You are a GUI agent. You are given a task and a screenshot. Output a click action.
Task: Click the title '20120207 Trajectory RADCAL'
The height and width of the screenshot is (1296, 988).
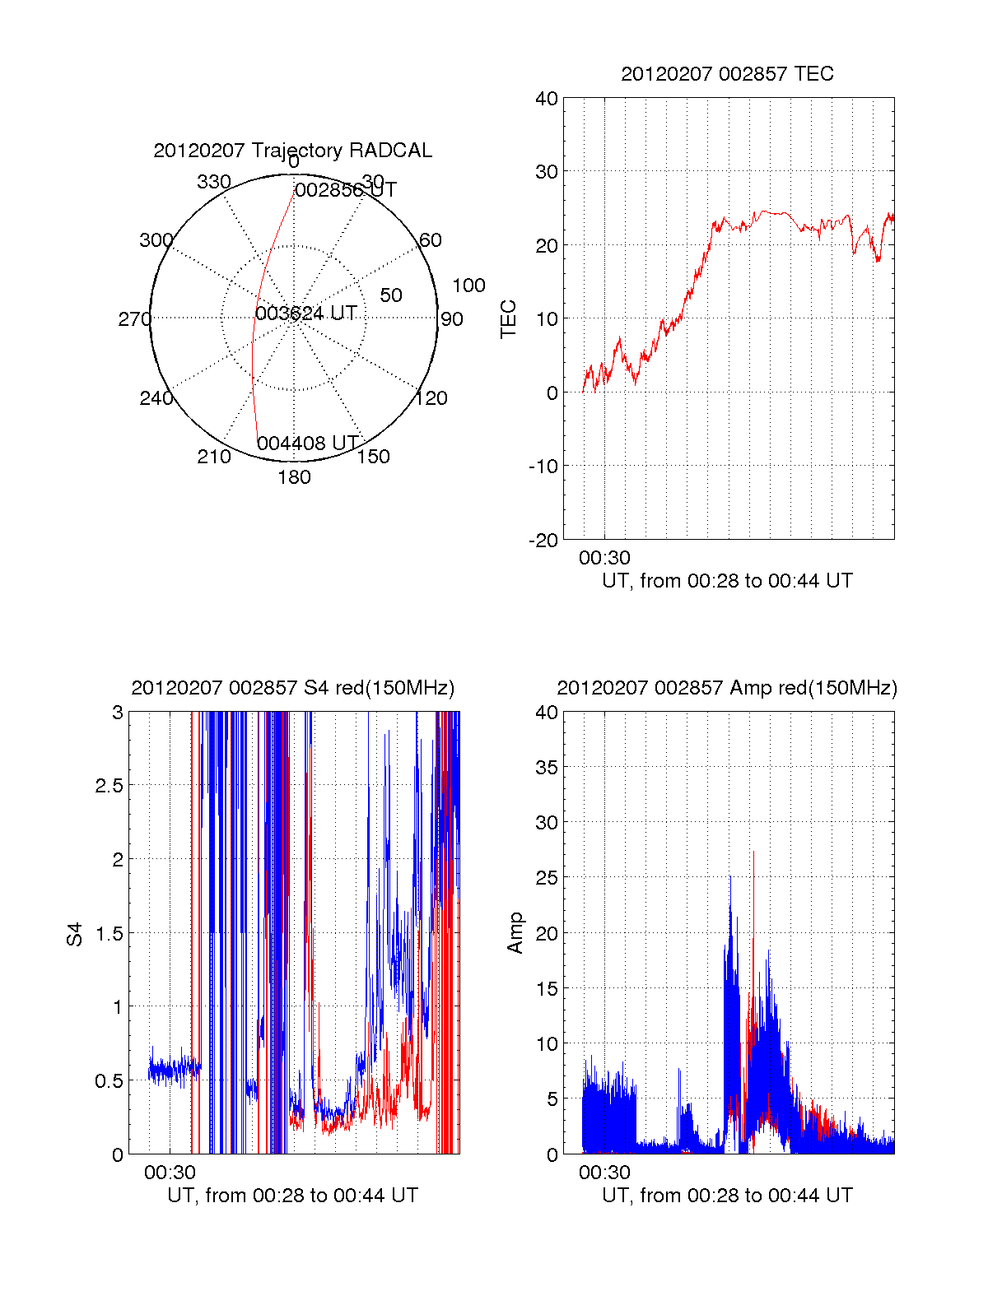coord(292,151)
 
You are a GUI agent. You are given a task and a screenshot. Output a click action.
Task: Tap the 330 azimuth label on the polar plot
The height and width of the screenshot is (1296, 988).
coord(214,182)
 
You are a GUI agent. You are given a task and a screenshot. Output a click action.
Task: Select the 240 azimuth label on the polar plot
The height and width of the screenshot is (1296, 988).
coord(156,398)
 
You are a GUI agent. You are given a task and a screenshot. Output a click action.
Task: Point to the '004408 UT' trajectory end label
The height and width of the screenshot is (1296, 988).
coord(308,444)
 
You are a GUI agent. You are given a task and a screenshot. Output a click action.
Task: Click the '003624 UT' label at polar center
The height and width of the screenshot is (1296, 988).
coord(305,314)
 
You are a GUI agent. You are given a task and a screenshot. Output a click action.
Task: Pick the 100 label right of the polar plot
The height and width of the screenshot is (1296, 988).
coord(468,286)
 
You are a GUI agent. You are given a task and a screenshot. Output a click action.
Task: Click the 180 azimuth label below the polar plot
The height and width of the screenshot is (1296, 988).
coord(294,477)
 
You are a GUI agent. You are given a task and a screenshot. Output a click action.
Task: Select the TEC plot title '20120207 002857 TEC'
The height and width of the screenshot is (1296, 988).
coord(727,74)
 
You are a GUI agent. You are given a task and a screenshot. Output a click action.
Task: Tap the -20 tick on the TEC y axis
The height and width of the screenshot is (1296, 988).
coord(543,540)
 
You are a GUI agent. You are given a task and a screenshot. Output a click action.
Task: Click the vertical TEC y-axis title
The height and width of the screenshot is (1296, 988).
coord(509,318)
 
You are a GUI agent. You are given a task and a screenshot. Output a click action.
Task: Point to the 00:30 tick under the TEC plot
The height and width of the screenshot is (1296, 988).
coord(604,558)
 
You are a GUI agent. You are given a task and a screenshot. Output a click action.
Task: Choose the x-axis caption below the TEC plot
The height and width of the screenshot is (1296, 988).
coord(727,581)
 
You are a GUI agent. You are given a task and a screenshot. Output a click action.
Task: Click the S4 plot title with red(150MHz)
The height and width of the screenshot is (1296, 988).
coord(292,688)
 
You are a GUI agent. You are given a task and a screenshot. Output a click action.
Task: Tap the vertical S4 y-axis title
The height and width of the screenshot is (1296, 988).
coord(75,934)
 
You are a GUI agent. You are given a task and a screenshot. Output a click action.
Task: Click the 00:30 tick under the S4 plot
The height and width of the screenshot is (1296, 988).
coord(170,1173)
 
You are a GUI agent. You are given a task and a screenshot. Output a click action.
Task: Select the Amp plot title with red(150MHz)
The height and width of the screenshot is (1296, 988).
coord(727,688)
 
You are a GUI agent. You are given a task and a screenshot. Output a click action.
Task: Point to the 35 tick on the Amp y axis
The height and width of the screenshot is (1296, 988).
coord(547,768)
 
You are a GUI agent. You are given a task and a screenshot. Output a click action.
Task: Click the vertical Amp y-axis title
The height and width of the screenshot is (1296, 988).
coord(515,933)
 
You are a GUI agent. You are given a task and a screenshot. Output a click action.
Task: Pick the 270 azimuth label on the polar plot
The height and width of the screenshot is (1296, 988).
coord(134,319)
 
